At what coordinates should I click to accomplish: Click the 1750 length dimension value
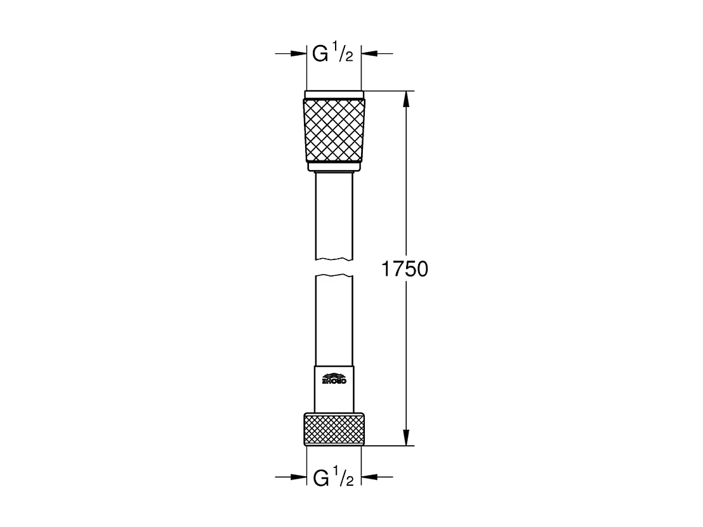[x=405, y=269]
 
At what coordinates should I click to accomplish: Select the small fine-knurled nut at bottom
[x=334, y=429]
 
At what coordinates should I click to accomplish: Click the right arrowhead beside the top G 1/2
[x=369, y=54]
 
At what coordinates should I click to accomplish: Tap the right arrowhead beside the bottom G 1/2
[x=369, y=477]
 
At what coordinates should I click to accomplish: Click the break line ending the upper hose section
[x=334, y=258]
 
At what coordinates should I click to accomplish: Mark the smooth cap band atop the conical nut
[x=334, y=95]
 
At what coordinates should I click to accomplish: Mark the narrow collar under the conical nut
[x=334, y=168]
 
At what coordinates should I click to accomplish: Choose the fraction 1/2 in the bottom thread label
[x=345, y=477]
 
